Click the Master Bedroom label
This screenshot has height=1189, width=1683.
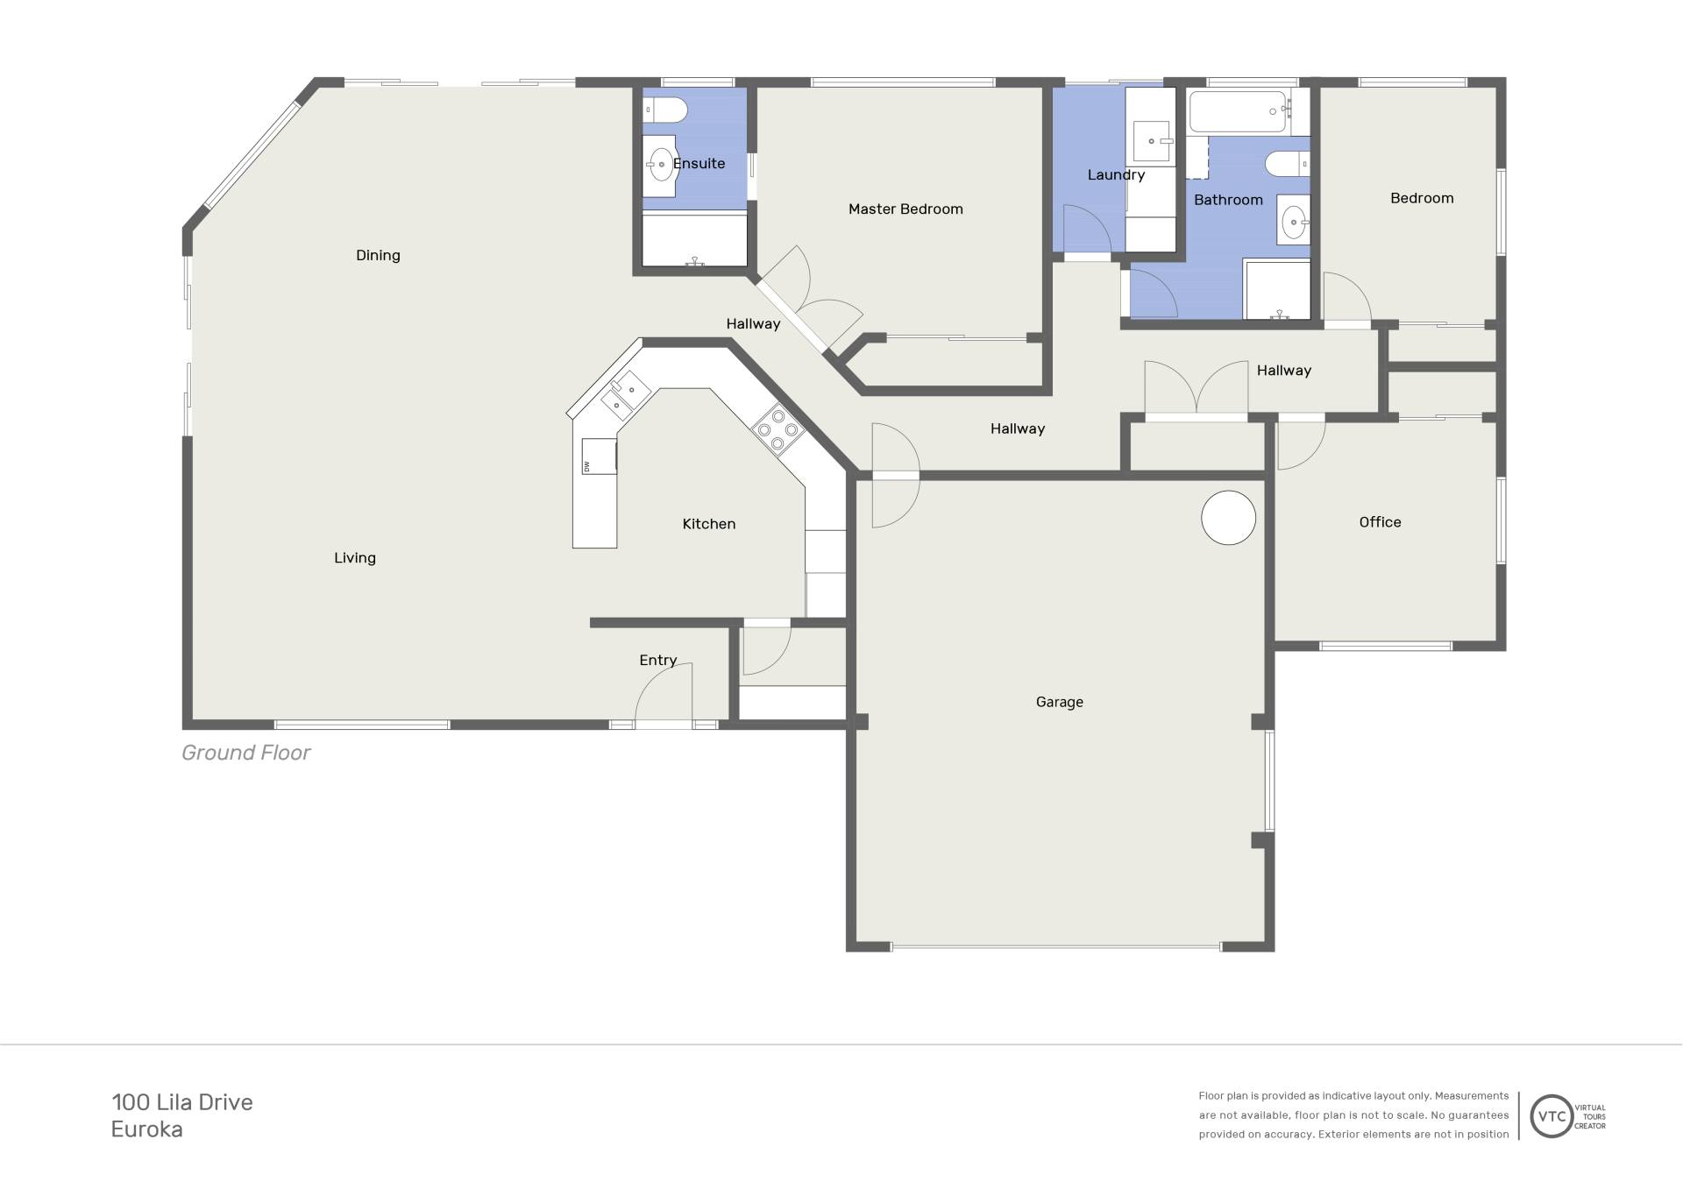coord(905,209)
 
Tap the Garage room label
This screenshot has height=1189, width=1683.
coord(1059,702)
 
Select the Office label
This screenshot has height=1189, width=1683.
coord(1380,522)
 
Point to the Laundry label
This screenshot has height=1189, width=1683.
coord(1116,175)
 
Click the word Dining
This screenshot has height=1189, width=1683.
coord(378,256)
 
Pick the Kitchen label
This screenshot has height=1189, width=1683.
coord(709,524)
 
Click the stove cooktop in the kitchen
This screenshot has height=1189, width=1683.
coord(778,429)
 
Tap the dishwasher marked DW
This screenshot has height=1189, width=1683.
coord(600,456)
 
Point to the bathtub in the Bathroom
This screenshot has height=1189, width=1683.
coord(1238,112)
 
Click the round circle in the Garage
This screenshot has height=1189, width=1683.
coord(1228,518)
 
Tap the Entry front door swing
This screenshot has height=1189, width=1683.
coord(664,691)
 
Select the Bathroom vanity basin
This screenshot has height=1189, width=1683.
coord(1293,222)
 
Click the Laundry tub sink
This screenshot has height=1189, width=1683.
coord(1151,141)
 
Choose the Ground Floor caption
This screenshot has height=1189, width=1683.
coord(245,753)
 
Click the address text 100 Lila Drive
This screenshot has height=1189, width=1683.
coord(182,1102)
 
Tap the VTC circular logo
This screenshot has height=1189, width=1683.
coord(1552,1116)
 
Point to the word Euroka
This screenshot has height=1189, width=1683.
coord(147,1129)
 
